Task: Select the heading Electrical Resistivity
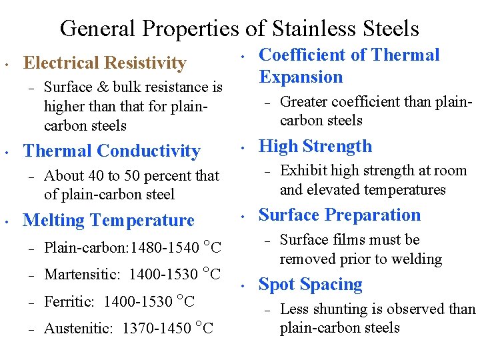(x=105, y=63)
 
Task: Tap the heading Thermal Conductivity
(x=111, y=151)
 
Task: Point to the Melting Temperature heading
(x=109, y=220)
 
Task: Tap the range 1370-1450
(x=157, y=329)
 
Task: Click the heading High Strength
(x=315, y=146)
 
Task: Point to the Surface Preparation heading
(x=339, y=215)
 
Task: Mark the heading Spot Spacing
(x=310, y=284)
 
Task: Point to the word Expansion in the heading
(x=301, y=77)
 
